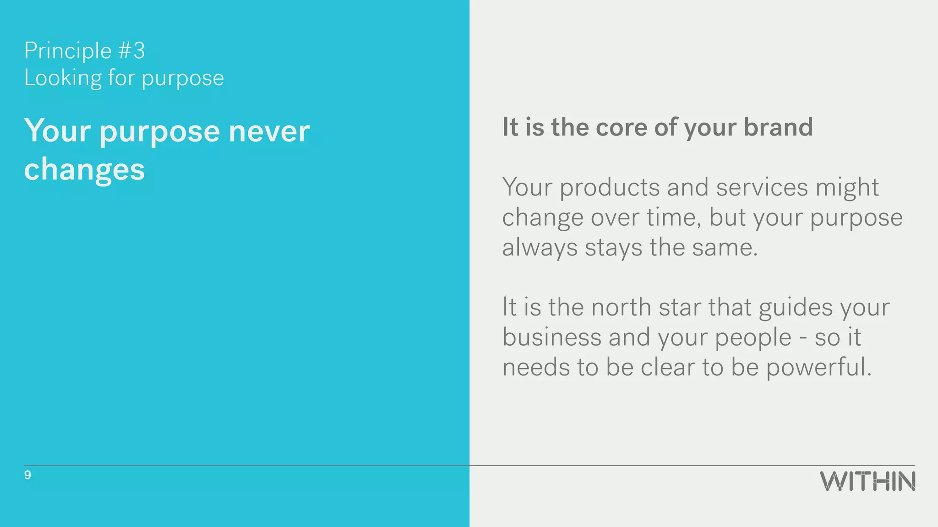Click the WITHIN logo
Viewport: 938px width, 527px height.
(867, 481)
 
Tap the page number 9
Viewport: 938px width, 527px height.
(27, 475)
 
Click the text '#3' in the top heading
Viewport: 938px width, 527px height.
(131, 51)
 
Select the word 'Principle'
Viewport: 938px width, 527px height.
(68, 51)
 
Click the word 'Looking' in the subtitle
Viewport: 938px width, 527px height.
(63, 78)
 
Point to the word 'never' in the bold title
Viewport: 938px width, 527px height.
(269, 131)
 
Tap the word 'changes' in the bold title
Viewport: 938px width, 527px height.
(84, 170)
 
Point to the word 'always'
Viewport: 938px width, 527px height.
(540, 248)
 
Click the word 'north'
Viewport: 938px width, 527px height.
(621, 307)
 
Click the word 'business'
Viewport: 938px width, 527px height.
(551, 337)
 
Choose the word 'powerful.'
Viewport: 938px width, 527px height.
(818, 368)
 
